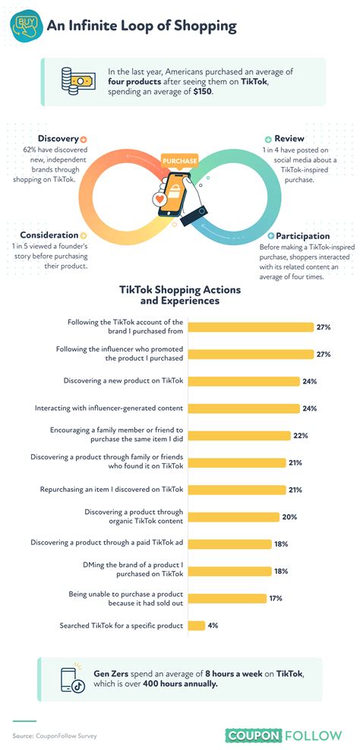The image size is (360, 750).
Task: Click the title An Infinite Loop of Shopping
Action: click(142, 27)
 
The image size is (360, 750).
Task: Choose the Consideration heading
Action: click(49, 235)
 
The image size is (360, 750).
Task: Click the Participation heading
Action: click(303, 236)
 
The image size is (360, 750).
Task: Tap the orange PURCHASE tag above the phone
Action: click(180, 161)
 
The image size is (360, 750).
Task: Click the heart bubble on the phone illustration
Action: click(160, 200)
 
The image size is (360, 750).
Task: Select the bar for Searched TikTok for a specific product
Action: click(196, 626)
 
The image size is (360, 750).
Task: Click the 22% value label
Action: click(302, 435)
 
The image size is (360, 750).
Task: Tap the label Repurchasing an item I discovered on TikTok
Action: click(112, 490)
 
